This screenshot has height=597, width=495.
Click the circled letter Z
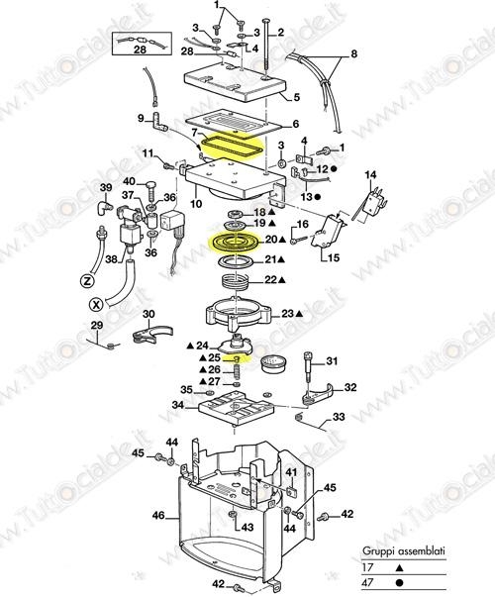(87, 281)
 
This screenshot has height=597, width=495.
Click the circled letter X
(97, 303)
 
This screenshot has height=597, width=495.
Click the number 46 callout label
(158, 516)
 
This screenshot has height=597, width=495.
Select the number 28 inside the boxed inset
(141, 50)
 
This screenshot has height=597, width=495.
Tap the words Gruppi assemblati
(403, 550)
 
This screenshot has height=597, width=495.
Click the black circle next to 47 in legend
(399, 582)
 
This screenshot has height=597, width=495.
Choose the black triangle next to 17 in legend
(399, 567)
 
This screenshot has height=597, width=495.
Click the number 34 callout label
(178, 405)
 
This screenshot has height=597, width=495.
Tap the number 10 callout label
(196, 204)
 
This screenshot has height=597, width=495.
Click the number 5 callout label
(296, 97)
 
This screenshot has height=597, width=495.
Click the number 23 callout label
(287, 313)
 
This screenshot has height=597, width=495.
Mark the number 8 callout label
(353, 53)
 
